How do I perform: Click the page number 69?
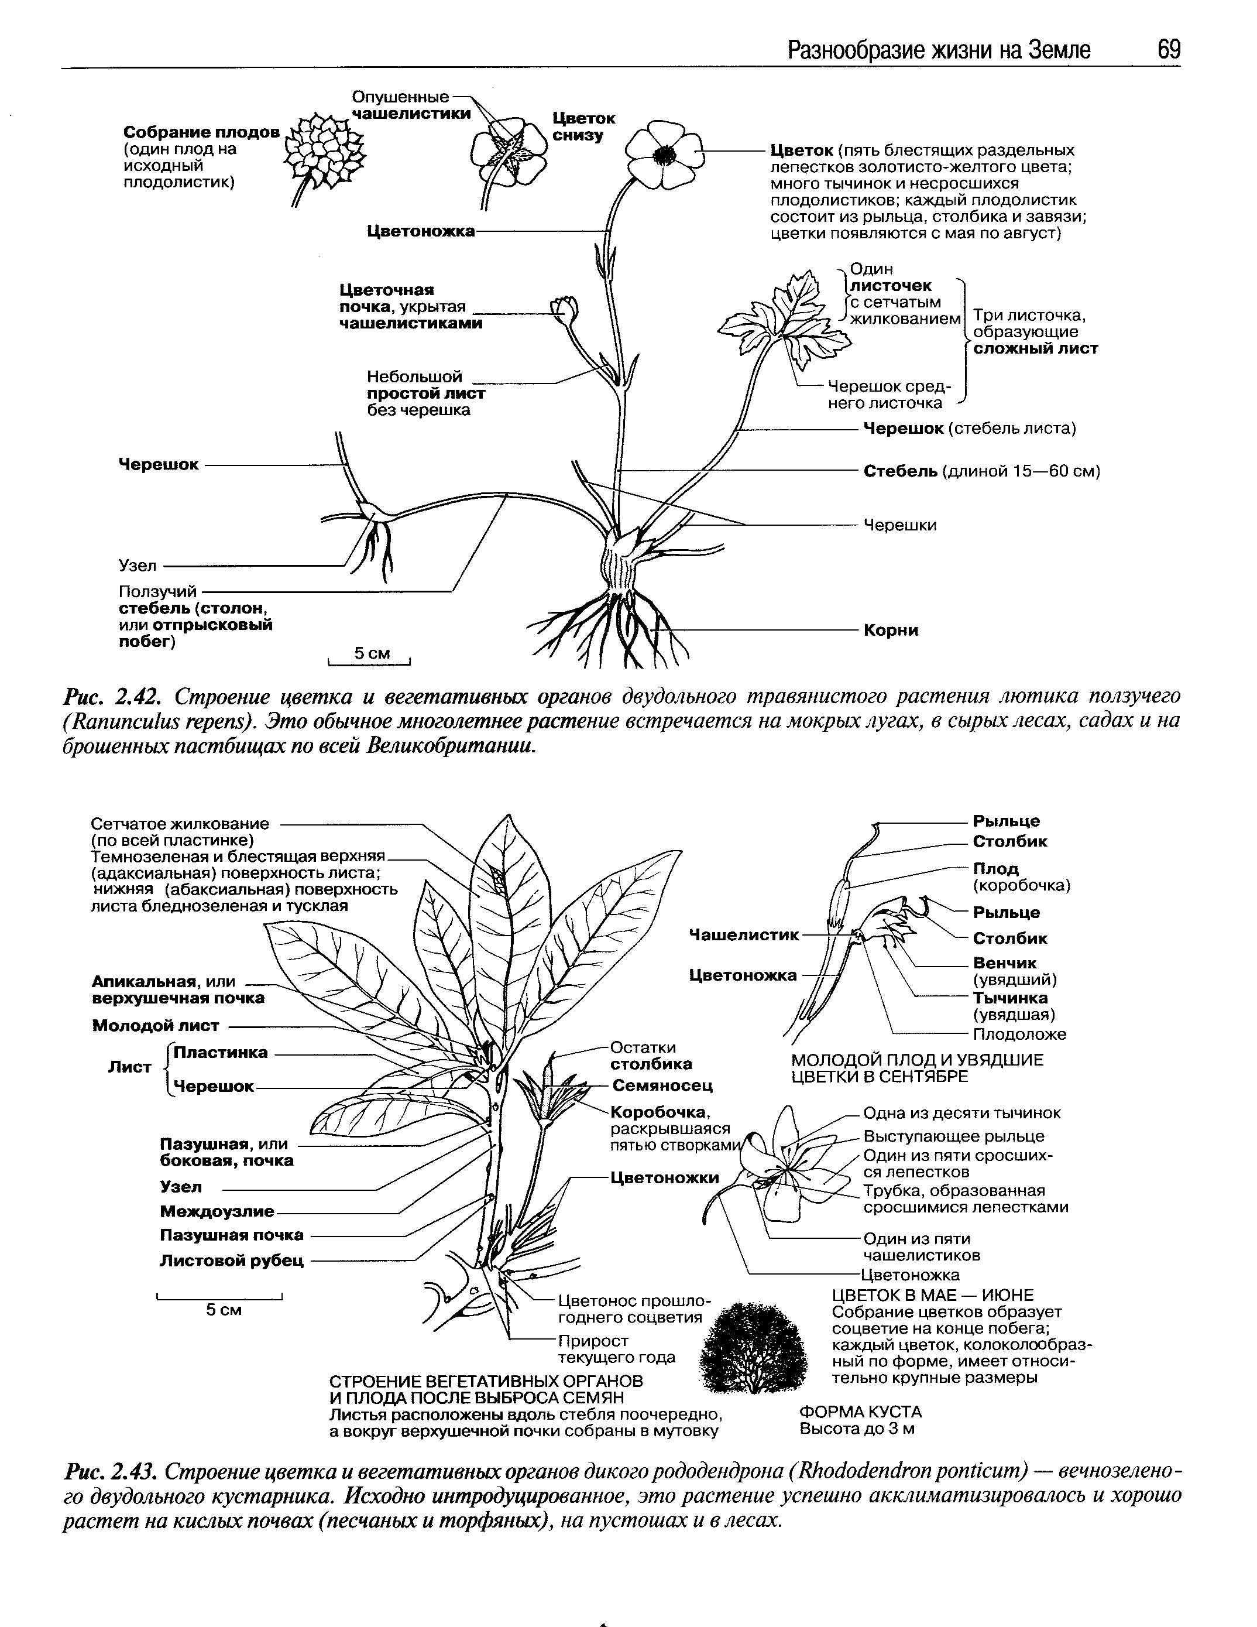point(1169,50)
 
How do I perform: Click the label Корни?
point(891,630)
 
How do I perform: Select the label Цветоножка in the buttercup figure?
point(421,232)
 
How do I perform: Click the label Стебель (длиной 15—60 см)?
point(981,471)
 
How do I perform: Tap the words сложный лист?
point(1035,349)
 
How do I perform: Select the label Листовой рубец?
point(232,1261)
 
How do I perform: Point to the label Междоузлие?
point(217,1212)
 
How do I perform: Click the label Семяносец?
point(662,1085)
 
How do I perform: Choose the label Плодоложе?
point(1019,1034)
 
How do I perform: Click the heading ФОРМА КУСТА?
point(860,1412)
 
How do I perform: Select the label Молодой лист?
point(156,1026)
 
